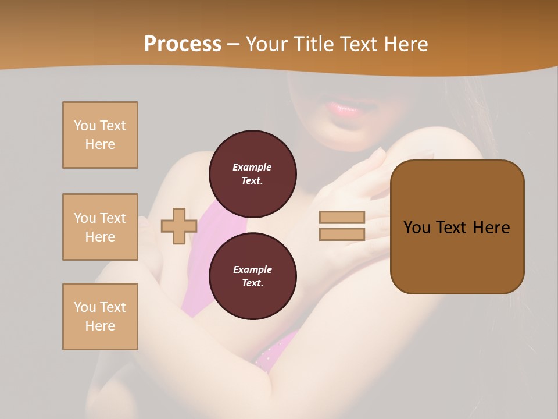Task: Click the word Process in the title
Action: [x=183, y=44]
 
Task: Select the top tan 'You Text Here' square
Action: [x=100, y=135]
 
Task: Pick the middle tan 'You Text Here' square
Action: [x=100, y=227]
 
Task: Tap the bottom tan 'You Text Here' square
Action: [x=100, y=317]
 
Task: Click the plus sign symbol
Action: [x=179, y=226]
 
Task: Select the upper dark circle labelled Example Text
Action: [x=253, y=174]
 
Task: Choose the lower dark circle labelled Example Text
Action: [x=253, y=276]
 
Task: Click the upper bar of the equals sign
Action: [x=342, y=218]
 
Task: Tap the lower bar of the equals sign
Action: [x=342, y=234]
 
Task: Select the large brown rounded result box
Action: [x=457, y=227]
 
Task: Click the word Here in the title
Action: [x=403, y=44]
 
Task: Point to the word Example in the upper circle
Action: [x=252, y=167]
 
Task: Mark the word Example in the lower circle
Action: [x=252, y=269]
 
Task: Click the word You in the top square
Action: [x=85, y=126]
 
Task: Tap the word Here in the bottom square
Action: [x=100, y=326]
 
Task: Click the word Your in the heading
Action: [x=266, y=44]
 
